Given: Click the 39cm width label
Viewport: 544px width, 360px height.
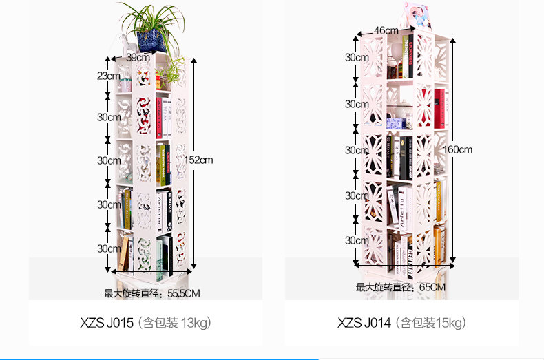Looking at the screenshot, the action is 138,57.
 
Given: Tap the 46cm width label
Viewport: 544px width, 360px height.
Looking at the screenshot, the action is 386,30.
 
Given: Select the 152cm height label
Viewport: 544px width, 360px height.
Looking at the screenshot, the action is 198,160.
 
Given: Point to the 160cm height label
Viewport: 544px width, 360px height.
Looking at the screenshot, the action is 458,149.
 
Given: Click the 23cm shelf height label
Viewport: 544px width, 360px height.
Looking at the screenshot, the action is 109,76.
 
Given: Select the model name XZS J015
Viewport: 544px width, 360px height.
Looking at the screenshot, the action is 107,323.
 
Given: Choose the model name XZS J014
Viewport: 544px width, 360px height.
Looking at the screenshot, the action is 364,323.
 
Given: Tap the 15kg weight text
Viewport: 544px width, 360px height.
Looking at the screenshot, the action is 449,323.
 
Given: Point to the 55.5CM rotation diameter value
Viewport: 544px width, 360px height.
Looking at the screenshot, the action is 184,293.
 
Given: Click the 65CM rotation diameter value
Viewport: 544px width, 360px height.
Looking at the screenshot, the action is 432,287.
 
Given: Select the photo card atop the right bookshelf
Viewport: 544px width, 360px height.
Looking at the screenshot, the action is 417,15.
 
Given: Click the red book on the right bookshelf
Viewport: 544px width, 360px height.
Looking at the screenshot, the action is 439,109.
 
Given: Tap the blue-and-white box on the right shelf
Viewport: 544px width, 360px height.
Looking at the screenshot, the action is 396,123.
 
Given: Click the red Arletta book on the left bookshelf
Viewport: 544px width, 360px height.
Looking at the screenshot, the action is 159,118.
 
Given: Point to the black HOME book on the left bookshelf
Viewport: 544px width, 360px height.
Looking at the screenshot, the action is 169,211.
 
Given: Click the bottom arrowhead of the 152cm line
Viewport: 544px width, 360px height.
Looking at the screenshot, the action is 194,266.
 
